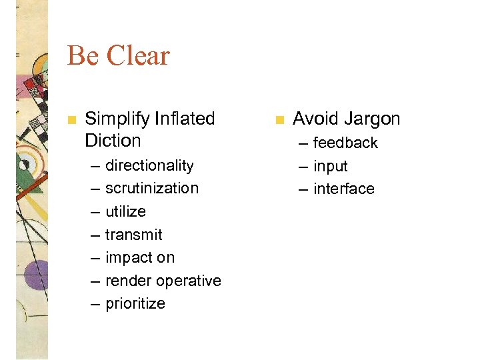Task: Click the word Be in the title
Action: click(x=83, y=56)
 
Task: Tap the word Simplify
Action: click(x=117, y=119)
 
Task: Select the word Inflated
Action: click(x=185, y=119)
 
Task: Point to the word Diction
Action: click(x=113, y=141)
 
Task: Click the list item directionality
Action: click(x=149, y=165)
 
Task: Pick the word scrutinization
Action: click(x=152, y=188)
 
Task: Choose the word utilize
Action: click(x=125, y=211)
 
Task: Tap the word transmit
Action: click(x=133, y=235)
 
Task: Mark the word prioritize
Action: click(x=135, y=303)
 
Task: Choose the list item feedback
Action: click(x=345, y=143)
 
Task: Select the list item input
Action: click(x=331, y=166)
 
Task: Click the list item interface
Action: click(x=344, y=189)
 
